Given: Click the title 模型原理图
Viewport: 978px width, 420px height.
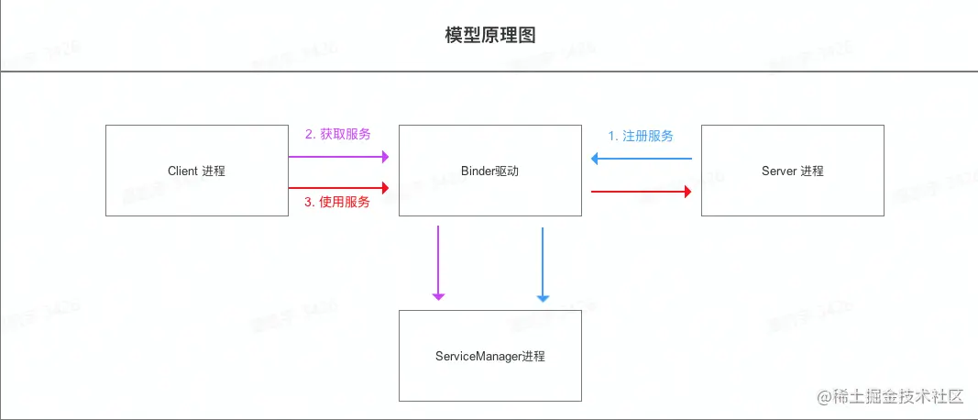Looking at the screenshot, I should pyautogui.click(x=489, y=36).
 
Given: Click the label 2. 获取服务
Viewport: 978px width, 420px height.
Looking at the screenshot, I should pyautogui.click(x=338, y=134).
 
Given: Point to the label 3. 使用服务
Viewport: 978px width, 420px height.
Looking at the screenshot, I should pyautogui.click(x=337, y=202).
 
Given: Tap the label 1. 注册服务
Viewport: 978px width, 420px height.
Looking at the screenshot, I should pyautogui.click(x=641, y=136).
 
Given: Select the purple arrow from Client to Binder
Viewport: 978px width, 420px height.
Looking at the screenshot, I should pyautogui.click(x=339, y=157).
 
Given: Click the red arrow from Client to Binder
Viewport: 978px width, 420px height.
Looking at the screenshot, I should pyautogui.click(x=339, y=187).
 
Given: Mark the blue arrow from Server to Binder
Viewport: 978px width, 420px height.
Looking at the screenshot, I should pyautogui.click(x=641, y=159).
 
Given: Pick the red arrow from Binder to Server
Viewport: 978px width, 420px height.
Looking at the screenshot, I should pyautogui.click(x=641, y=191).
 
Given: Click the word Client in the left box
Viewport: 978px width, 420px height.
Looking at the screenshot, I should pyautogui.click(x=183, y=171).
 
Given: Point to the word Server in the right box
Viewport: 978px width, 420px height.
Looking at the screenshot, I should pyautogui.click(x=779, y=171).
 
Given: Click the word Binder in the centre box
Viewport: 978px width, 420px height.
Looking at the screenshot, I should pyautogui.click(x=478, y=171).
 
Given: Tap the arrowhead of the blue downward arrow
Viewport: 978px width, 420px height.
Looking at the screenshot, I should pyautogui.click(x=543, y=297).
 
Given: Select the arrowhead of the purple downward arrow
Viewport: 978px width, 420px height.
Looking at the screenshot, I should pyautogui.click(x=438, y=295).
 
